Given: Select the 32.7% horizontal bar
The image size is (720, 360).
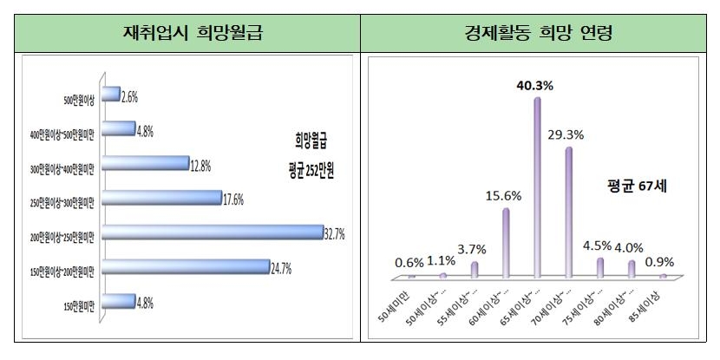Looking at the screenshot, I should point(212,232).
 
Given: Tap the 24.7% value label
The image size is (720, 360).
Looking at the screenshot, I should point(281,265).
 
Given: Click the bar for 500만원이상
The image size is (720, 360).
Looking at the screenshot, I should point(111,93).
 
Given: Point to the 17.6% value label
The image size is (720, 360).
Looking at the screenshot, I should point(233,198).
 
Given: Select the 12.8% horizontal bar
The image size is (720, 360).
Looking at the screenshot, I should point(146,162).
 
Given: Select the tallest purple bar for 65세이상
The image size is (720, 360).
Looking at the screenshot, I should point(537,187).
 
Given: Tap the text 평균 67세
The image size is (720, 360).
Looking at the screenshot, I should point(632,185).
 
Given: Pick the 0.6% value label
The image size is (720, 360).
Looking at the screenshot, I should point(408,261).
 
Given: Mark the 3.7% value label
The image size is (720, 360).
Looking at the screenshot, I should point(474,249).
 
